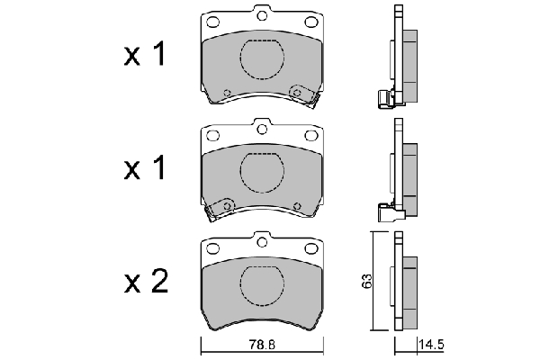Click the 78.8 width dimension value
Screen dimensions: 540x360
coord(262,345)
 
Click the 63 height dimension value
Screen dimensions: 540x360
coord(366,281)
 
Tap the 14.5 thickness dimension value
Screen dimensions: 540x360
coord(430,345)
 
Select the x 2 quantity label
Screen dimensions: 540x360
coord(146,281)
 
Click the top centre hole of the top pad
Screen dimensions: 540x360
coord(262,15)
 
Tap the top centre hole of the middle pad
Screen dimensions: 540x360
coord(262,129)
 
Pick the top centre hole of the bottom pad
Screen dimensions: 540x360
coord(262,242)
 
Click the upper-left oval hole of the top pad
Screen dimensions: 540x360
coord(212,22)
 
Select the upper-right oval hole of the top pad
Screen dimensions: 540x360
coord(311,22)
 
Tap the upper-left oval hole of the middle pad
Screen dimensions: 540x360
coord(212,135)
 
